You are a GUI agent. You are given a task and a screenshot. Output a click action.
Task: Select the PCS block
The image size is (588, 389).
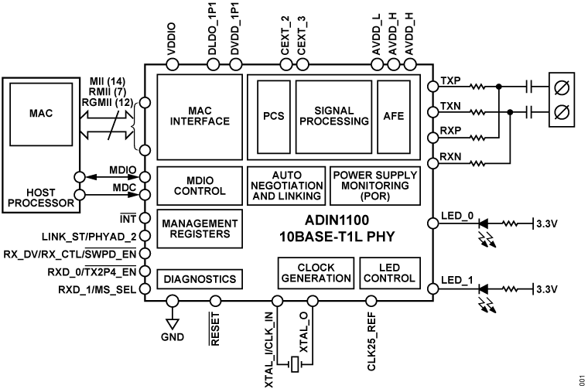[x=272, y=115]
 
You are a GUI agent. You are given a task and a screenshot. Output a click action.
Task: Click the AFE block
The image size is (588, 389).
[x=394, y=115]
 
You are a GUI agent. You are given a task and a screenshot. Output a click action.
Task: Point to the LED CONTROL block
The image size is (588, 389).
[x=390, y=272]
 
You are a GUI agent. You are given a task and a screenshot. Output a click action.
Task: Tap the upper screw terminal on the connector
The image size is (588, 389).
[x=564, y=87]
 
